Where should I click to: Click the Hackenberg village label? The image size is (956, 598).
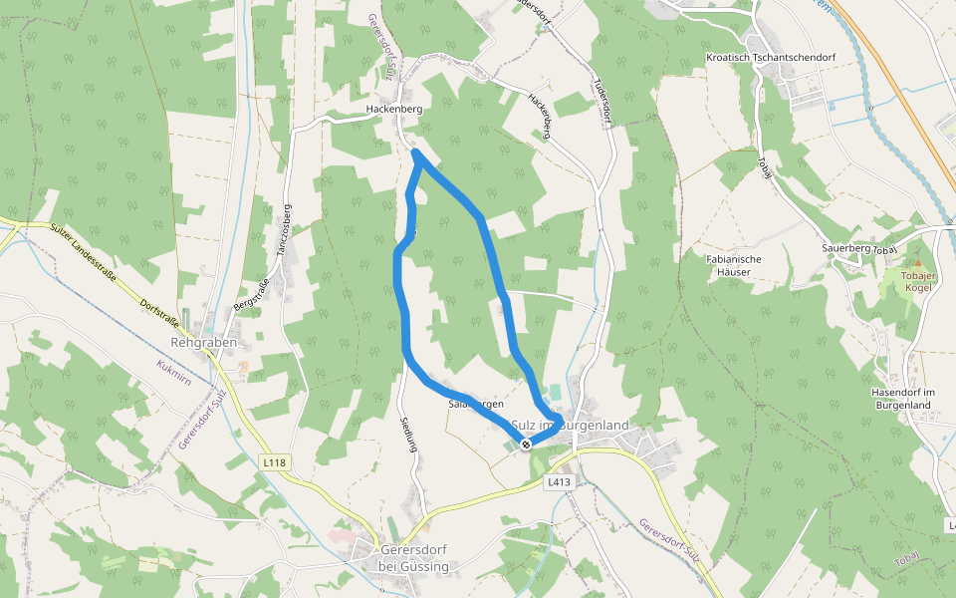coord(394,109)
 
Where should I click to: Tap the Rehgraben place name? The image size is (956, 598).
coord(203,342)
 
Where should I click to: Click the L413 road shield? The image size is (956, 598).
coord(560,481)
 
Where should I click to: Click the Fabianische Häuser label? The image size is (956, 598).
coord(733,265)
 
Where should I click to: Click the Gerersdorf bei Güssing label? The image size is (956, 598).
coord(414,558)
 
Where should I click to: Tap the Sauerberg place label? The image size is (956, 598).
coord(846,247)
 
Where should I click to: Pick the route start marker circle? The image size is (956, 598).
coord(526,445)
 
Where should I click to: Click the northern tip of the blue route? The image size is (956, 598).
coord(415,151)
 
